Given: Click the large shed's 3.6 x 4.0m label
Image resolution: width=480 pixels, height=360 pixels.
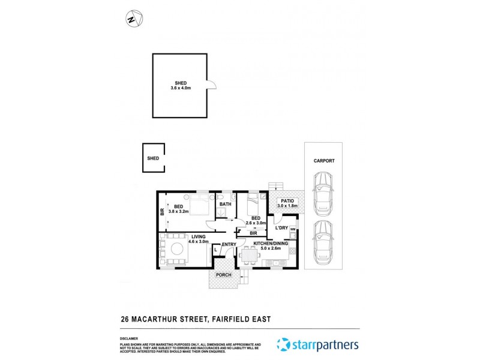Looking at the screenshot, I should point(181,88).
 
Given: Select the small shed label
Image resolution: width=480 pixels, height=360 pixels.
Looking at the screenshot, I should point(152,158).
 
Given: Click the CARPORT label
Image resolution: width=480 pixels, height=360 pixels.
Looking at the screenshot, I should point(323,161).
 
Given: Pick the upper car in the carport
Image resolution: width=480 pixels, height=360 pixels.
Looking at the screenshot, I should point(323,193).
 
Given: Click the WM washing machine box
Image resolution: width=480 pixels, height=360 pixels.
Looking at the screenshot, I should point(293,229).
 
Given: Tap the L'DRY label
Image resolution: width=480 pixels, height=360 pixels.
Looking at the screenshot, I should point(280,229).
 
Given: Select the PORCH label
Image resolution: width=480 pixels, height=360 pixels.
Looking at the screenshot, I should point(224,275).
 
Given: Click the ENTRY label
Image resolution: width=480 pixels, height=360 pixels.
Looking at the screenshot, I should point(229,244).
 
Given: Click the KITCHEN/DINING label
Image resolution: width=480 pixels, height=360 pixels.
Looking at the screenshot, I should point(271,244).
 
